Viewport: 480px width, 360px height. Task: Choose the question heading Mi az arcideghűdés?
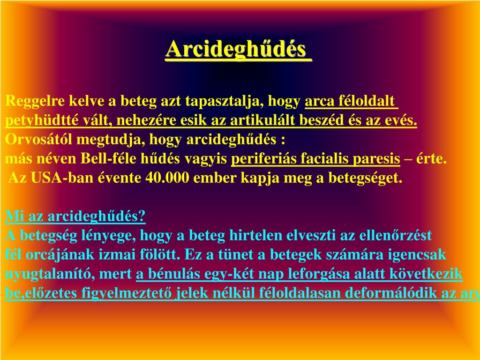[75, 217]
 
